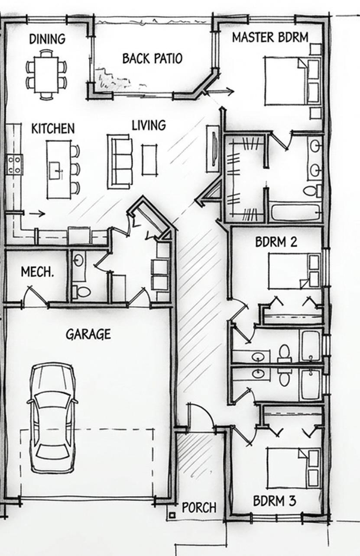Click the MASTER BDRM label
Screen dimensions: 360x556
click(x=270, y=38)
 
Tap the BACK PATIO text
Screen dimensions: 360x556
click(x=152, y=58)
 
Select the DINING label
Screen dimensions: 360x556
click(x=47, y=39)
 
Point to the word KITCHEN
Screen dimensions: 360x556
click(x=53, y=129)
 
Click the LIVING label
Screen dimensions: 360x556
click(x=149, y=125)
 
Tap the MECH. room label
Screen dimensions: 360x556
click(x=37, y=272)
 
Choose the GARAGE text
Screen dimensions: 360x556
click(x=88, y=334)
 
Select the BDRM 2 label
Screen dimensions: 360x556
click(x=276, y=242)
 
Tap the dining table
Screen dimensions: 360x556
click(x=46, y=75)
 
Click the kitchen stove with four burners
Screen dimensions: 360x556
click(x=14, y=164)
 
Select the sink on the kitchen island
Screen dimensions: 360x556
click(x=55, y=171)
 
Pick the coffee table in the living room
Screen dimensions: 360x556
click(x=149, y=160)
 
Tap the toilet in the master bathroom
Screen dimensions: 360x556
click(x=312, y=191)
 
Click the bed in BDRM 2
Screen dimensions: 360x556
click(x=294, y=271)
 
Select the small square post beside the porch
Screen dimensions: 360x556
click(x=172, y=515)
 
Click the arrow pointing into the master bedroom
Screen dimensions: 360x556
click(x=220, y=92)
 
